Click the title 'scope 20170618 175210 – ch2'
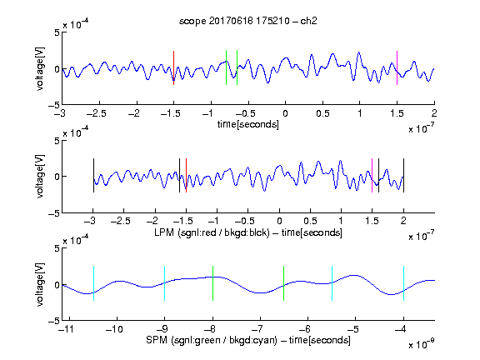coord(248,21)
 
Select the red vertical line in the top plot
coord(173,67)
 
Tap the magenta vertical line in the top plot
coord(397,67)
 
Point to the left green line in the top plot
coord(226,67)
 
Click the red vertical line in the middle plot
coord(186,175)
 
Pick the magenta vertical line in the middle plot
coord(372,175)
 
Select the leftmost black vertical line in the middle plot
coord(93,175)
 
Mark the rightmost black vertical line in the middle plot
coord(404,175)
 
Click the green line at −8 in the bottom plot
coord(212,283)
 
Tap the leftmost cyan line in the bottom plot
coord(93,283)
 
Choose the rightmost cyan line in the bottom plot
coord(404,283)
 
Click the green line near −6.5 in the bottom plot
coord(284,283)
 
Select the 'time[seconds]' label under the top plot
coord(248,124)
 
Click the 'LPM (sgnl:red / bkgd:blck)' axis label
coord(212,232)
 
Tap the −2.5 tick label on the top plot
coord(97,114)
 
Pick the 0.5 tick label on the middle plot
coord(310,221)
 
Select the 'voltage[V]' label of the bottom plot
coord(40,284)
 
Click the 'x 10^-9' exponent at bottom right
coord(422,344)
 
